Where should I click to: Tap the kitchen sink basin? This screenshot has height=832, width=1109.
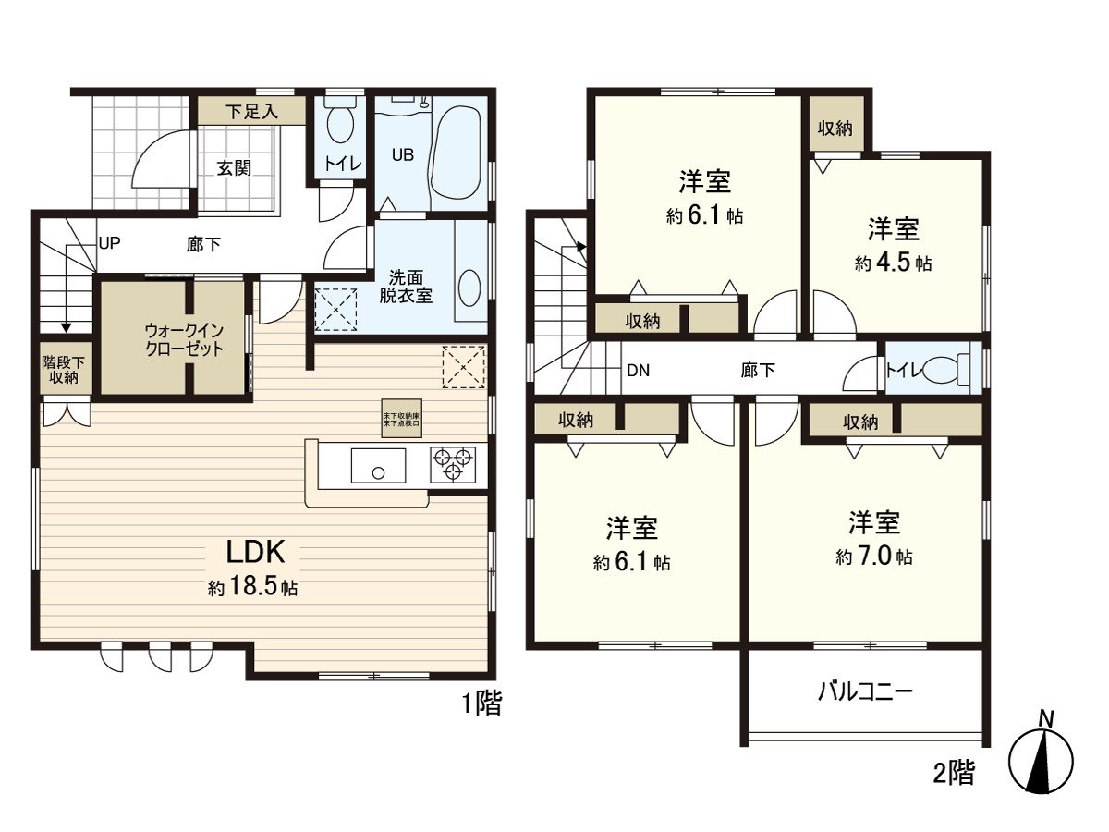click(377, 465)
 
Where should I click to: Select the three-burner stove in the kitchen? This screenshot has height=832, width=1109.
click(453, 463)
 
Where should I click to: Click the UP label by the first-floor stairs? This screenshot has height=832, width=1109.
click(110, 245)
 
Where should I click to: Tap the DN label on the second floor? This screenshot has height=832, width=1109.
click(637, 371)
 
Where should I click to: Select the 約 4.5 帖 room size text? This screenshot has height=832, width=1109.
click(893, 263)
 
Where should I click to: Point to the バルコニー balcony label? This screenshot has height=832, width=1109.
click(865, 691)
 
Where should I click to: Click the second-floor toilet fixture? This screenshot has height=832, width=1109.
click(944, 371)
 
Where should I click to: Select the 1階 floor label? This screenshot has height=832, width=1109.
click(481, 704)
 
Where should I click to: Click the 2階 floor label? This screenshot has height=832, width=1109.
click(953, 774)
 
